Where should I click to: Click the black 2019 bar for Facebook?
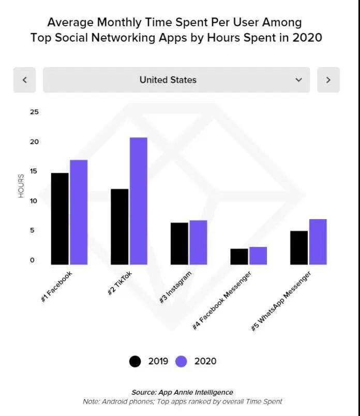coord(60,219)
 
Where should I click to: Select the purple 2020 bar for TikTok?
coord(138,201)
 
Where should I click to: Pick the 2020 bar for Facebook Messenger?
coord(258,256)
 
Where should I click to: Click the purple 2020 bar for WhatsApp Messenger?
coord(318,242)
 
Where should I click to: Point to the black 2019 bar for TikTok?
coord(119,226)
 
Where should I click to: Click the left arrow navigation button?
coord(24,80)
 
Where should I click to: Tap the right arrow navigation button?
coord(328,80)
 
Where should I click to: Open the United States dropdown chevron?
coord(298,80)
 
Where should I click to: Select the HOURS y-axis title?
coord(21,186)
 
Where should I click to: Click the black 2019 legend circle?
coord(135,361)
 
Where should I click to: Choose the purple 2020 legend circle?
coord(181,361)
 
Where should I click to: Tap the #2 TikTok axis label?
coord(120,283)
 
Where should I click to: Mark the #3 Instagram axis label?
coord(175,287)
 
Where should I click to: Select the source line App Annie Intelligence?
coord(182,392)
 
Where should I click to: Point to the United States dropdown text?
coord(168,80)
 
